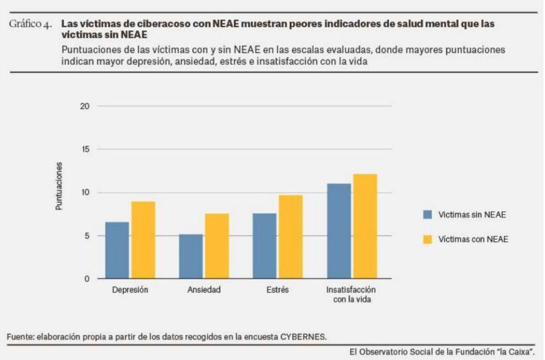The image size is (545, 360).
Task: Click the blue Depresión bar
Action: pos(117,250)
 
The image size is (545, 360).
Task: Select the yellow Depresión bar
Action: pos(143,240)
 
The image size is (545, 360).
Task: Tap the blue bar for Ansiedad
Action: pos(191,256)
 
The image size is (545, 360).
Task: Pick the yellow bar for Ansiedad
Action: pos(217,246)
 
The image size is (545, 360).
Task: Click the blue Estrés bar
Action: pos(265,246)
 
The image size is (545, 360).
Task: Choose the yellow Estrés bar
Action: pos(291,237)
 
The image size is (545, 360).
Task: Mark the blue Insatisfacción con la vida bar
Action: pos(339,231)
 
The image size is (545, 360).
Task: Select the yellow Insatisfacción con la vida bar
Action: pos(365,226)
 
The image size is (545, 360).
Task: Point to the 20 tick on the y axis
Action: pos(85,106)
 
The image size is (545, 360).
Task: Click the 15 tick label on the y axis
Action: pos(85,149)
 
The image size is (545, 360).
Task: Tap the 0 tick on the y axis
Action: pos(87,279)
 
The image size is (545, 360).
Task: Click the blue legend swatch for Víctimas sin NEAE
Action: pos(427,214)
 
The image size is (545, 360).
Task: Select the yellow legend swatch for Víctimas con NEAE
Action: pos(427,239)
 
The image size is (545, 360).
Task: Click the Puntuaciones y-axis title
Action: pos(59,186)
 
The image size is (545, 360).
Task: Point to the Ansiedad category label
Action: pos(204,290)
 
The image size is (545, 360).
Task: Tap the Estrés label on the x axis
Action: pos(278,290)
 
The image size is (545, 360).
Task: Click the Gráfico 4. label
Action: pos(30,24)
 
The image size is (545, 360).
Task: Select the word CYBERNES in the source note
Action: pos(303,337)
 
